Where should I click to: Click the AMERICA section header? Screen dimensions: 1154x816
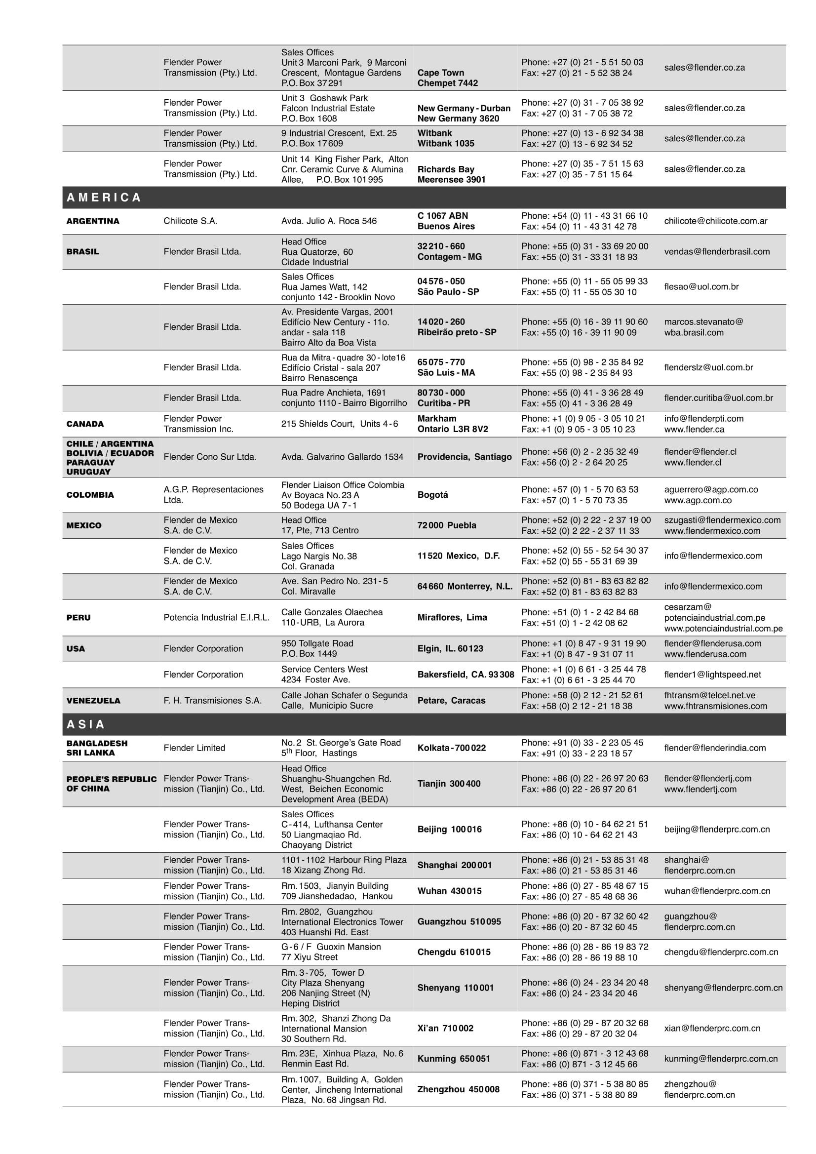[104, 198]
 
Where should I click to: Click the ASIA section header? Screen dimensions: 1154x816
[86, 724]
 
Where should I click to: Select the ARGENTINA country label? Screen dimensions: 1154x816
[93, 221]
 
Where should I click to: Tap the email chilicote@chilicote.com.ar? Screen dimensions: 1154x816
[715, 221]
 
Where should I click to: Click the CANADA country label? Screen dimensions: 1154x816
[85, 424]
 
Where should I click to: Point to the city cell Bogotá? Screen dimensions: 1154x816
[432, 495]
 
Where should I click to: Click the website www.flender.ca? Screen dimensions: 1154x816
[693, 429]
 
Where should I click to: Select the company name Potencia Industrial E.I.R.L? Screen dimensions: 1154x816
[217, 617]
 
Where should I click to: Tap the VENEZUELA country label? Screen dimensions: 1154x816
[93, 700]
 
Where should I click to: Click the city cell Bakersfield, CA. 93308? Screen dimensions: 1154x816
[466, 675]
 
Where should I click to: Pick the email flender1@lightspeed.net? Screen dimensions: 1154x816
[712, 675]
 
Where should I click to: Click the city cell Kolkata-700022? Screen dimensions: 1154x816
[451, 748]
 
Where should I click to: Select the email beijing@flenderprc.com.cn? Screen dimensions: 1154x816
[716, 829]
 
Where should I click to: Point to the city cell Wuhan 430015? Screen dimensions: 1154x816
[449, 891]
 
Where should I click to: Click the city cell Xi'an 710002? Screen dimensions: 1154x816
[445, 1029]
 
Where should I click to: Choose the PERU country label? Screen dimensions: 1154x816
[78, 617]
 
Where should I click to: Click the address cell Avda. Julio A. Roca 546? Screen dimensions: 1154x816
[329, 221]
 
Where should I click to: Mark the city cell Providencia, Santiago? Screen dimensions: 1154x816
[464, 457]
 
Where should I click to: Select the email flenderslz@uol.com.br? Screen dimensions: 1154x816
[708, 367]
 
